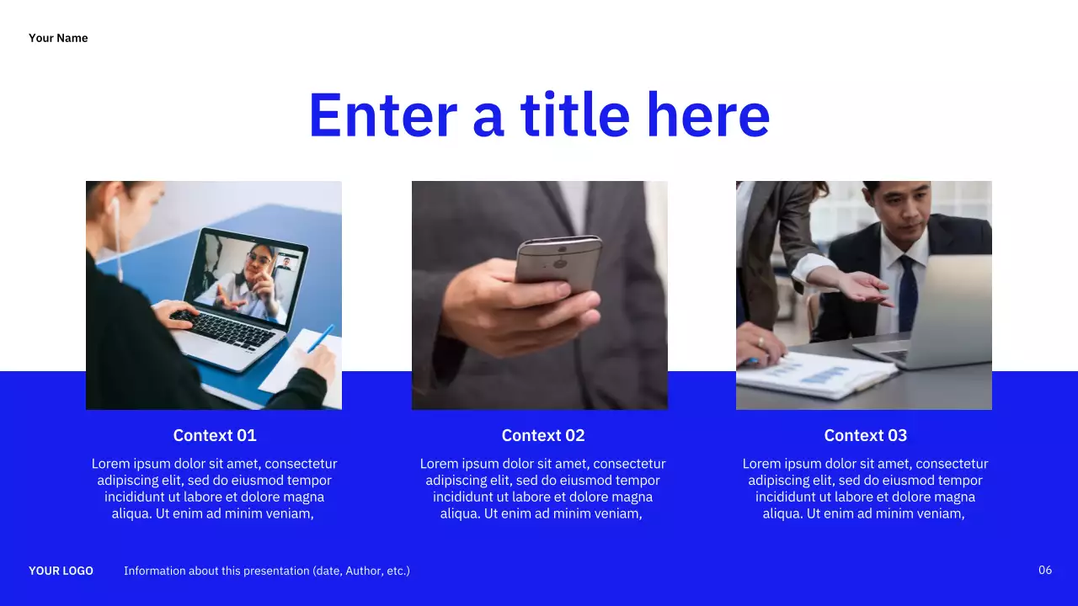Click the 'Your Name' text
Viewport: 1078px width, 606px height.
pos(58,38)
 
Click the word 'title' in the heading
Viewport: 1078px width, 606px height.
pos(574,115)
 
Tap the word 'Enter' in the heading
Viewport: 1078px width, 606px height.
pos(382,115)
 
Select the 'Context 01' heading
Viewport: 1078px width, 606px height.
pos(214,435)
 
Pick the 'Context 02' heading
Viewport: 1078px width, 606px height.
pos(542,435)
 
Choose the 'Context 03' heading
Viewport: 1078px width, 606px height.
pos(865,435)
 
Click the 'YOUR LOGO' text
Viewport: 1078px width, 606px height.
pos(61,571)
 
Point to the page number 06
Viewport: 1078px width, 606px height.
pos(1044,571)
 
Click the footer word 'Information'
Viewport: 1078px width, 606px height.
pos(154,571)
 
